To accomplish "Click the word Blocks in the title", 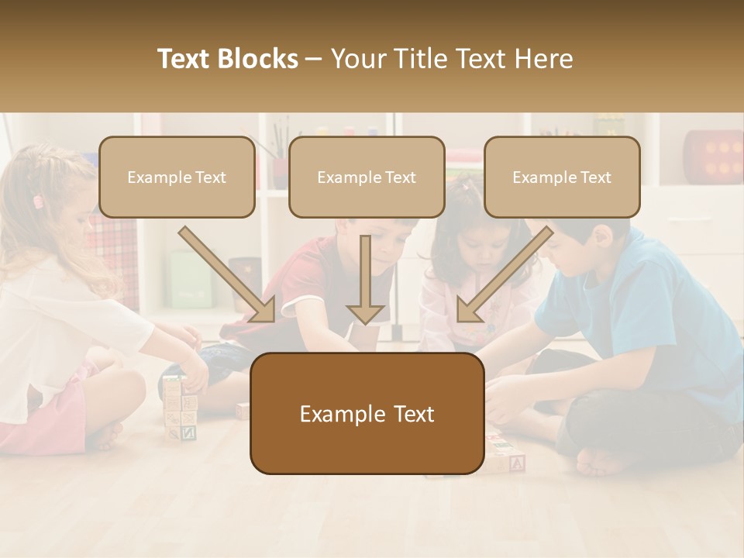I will click(259, 59).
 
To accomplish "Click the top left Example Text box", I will click(177, 177).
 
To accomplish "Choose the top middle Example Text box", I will click(367, 177).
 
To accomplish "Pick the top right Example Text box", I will click(562, 177).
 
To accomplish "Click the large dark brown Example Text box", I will click(367, 414).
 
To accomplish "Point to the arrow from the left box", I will click(227, 274).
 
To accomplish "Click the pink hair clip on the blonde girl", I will click(37, 201).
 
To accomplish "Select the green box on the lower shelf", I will click(189, 279).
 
